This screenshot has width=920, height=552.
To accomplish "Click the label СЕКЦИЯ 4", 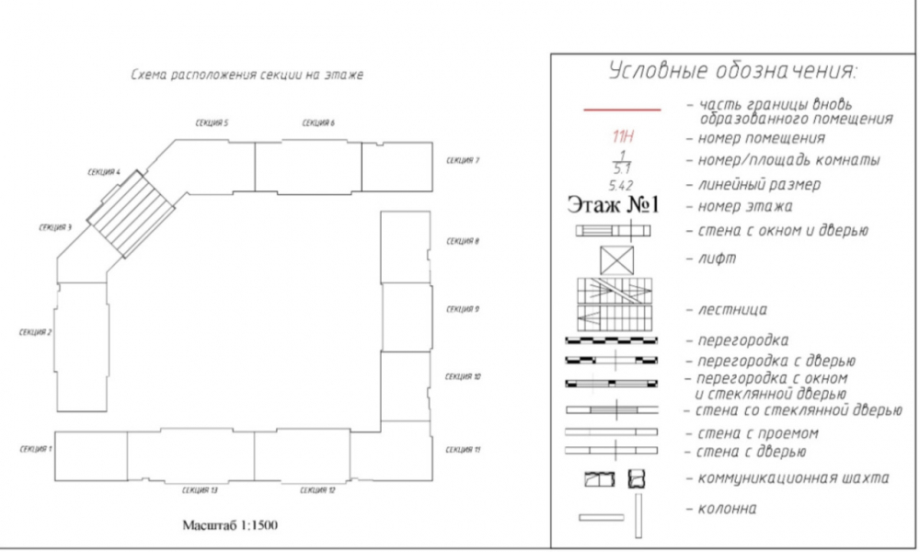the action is tap(104, 172).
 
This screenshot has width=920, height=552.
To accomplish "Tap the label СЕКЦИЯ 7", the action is tap(463, 160).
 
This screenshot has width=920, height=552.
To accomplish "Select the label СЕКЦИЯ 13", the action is tap(200, 490).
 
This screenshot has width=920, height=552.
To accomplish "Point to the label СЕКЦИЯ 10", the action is tap(463, 376).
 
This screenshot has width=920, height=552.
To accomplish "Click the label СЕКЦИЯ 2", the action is tap(35, 332).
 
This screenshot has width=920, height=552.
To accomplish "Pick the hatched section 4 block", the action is tap(131, 214).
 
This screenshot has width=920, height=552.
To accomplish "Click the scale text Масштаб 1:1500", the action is tap(230, 525).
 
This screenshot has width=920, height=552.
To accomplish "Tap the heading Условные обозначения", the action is tap(733, 71).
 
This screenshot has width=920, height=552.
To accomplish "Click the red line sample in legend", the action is tap(622, 109).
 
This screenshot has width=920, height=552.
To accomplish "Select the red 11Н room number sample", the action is tap(623, 137).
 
